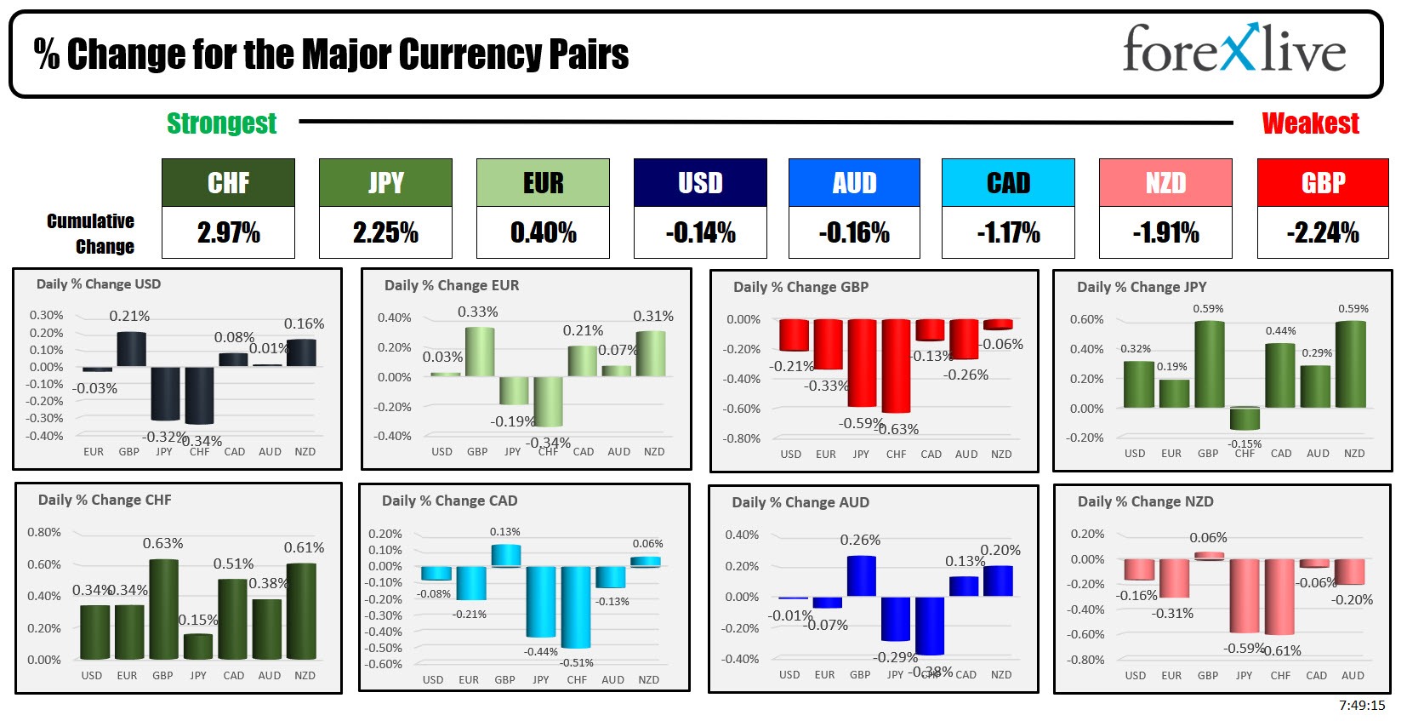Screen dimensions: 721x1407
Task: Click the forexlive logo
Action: pos(1233,49)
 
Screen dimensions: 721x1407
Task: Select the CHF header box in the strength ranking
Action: pos(228,182)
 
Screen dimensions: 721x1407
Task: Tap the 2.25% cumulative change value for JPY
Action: pos(385,232)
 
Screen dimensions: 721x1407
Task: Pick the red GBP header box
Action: pos(1322,182)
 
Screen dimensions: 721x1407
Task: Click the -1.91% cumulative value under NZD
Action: pos(1165,232)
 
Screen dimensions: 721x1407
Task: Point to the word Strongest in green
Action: pos(221,123)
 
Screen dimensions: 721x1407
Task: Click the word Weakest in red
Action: pos(1310,123)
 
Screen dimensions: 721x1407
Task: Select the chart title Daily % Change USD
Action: pos(98,284)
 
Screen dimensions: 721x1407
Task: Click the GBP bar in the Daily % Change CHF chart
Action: pos(163,609)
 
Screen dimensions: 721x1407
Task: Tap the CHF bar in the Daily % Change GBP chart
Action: pos(896,365)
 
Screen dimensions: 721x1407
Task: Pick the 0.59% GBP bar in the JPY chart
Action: pos(1209,364)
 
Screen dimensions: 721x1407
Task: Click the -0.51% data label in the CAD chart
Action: pos(577,663)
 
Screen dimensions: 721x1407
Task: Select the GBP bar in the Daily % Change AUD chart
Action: pos(861,576)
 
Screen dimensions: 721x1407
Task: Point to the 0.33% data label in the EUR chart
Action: pos(478,312)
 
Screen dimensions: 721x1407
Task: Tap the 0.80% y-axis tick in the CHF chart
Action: pos(44,532)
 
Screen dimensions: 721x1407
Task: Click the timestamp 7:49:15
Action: pos(1361,705)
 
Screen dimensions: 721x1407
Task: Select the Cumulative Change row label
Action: pos(91,233)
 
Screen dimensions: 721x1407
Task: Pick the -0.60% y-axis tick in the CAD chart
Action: pos(385,664)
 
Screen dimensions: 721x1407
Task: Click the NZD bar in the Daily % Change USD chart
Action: pos(302,352)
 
